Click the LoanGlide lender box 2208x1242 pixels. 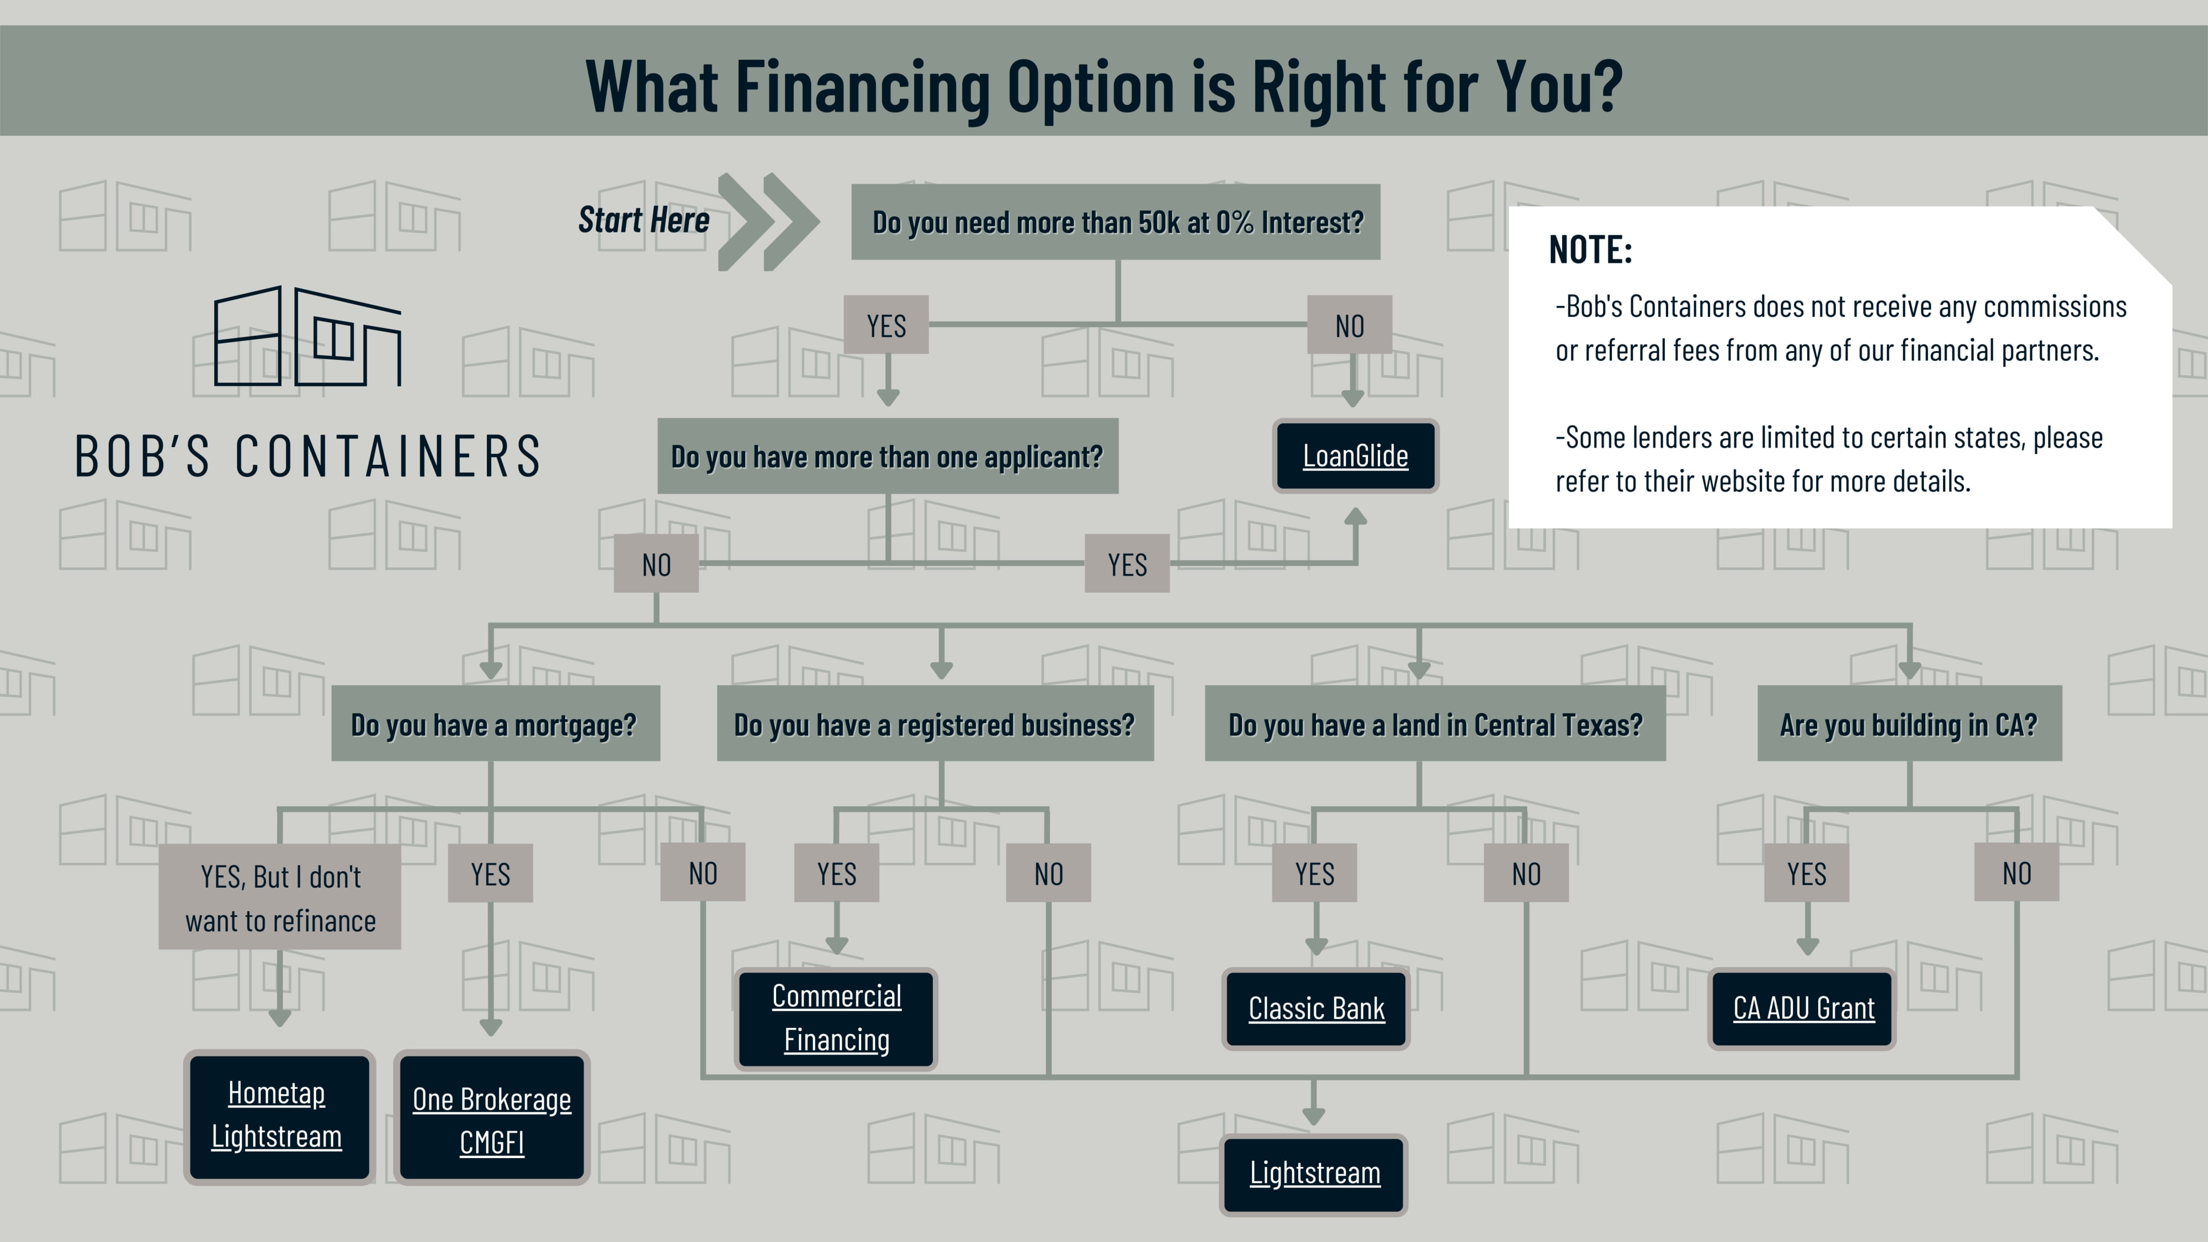(x=1355, y=456)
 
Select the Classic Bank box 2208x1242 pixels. (x=1316, y=1009)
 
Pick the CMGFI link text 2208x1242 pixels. (x=491, y=1143)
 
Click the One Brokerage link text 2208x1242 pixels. (x=491, y=1099)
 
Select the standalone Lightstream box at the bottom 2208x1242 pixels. (x=1314, y=1174)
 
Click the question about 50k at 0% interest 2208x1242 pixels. (x=1116, y=222)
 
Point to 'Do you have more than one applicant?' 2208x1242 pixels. (x=887, y=456)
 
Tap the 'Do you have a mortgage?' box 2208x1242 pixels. (x=496, y=724)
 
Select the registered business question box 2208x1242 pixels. (x=935, y=724)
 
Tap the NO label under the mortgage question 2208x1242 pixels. (x=703, y=873)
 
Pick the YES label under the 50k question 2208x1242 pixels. (x=887, y=325)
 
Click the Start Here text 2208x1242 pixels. (x=644, y=220)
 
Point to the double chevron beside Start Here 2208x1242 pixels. (x=768, y=222)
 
